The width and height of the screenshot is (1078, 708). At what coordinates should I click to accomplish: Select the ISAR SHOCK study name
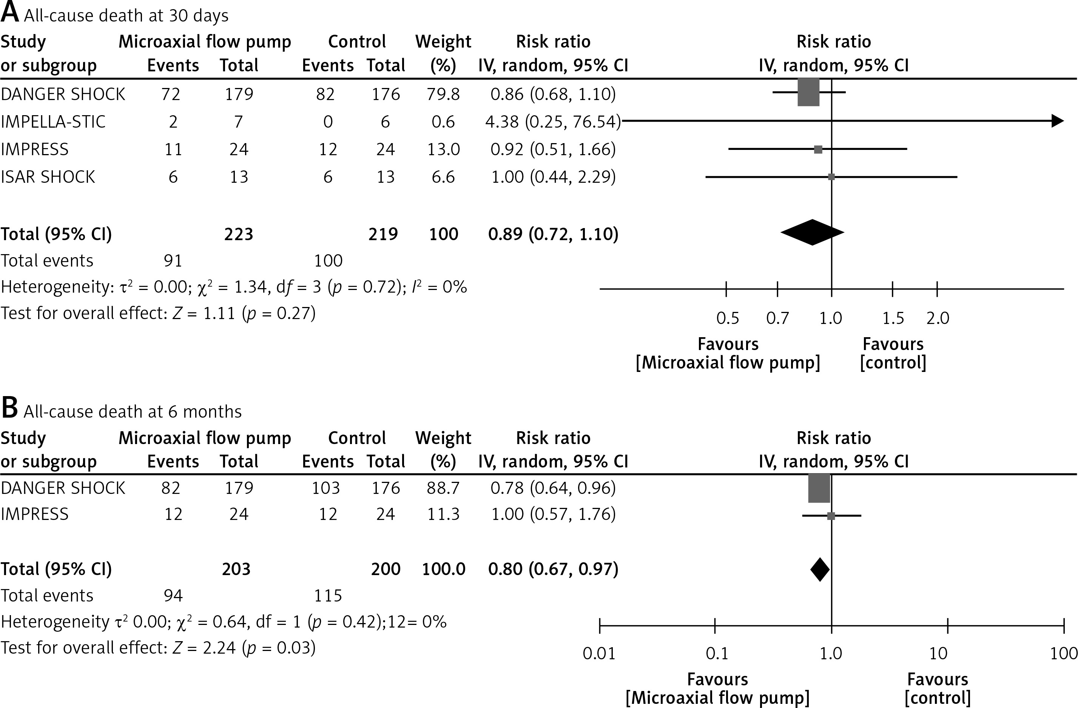(x=48, y=177)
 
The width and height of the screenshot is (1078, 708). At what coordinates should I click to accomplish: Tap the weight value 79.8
(x=443, y=94)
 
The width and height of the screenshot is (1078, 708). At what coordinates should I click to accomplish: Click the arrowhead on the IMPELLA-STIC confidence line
(x=1057, y=121)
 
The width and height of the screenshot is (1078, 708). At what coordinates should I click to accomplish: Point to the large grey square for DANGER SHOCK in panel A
(x=808, y=93)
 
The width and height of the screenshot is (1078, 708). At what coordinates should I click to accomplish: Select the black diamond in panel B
(x=820, y=569)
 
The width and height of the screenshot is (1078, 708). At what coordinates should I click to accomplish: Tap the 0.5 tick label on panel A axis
(x=728, y=318)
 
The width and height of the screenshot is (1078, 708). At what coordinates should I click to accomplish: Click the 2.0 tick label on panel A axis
(x=938, y=318)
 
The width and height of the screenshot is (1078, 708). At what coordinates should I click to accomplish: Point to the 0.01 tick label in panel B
(x=599, y=654)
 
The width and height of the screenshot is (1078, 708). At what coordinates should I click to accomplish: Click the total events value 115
(x=328, y=595)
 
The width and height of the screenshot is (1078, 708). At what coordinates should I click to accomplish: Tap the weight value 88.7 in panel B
(x=443, y=488)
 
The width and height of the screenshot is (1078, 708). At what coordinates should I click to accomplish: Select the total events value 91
(x=173, y=261)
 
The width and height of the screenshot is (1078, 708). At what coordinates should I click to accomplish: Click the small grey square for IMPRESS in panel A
(x=818, y=150)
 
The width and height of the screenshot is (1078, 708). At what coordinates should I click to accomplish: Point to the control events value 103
(x=325, y=488)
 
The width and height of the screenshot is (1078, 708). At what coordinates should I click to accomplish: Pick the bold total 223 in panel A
(x=239, y=234)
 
